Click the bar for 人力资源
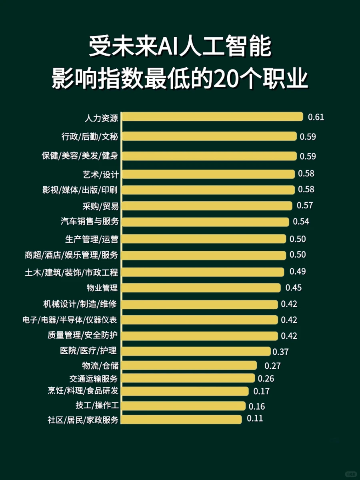click(212, 117)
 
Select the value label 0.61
click(316, 117)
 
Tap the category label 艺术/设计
click(100, 174)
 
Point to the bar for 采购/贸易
click(207, 206)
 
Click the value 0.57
click(305, 206)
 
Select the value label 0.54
click(301, 222)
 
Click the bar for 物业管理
click(201, 288)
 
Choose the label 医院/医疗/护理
click(88, 351)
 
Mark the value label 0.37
click(280, 352)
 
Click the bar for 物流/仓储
click(189, 365)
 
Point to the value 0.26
click(266, 378)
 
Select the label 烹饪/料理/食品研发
click(83, 391)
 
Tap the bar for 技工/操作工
click(183, 406)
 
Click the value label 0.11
click(255, 419)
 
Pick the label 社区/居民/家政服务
click(83, 420)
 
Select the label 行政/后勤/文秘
click(90, 137)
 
